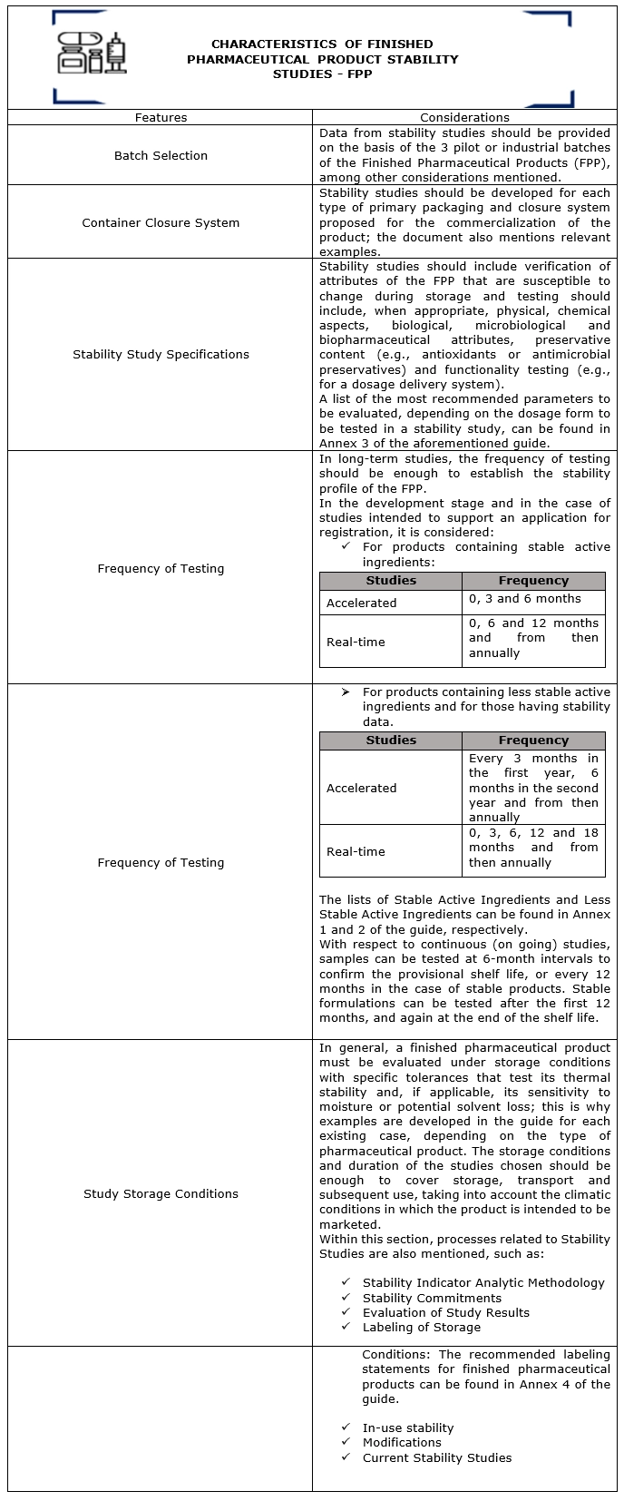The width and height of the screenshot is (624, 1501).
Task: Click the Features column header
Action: [161, 117]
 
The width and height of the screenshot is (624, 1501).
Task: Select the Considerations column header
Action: [464, 117]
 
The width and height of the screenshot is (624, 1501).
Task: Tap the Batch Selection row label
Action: [161, 155]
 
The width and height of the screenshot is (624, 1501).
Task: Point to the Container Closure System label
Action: [161, 222]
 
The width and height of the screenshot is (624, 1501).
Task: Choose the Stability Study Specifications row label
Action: [161, 354]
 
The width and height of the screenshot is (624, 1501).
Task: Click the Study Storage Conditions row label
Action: [161, 1193]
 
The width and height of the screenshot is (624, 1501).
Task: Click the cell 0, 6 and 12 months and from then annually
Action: [533, 638]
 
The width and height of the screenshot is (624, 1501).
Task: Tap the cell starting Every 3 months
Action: [533, 787]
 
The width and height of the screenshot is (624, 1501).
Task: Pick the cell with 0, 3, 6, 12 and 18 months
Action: [533, 848]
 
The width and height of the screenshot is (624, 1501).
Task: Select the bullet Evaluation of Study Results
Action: [445, 1312]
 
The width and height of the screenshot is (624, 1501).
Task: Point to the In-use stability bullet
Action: [408, 1427]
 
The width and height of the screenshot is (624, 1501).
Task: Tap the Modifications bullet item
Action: [402, 1442]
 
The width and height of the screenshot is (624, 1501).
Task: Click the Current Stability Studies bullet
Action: [437, 1457]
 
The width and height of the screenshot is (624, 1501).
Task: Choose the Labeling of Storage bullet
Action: [422, 1327]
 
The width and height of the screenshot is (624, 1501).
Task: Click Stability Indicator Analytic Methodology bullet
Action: [483, 1282]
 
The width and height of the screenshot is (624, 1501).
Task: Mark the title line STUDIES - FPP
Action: [322, 74]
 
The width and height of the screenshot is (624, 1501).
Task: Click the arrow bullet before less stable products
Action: [346, 692]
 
